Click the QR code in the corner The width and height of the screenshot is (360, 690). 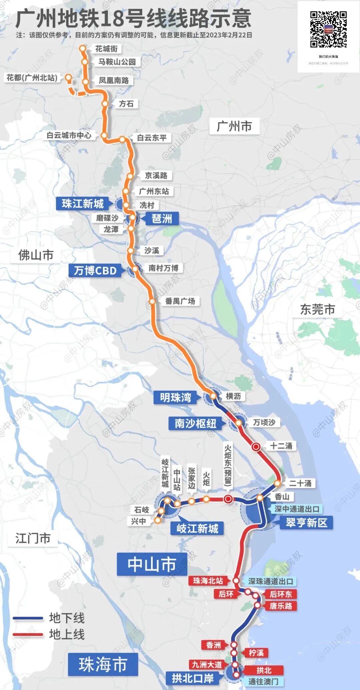(328, 30)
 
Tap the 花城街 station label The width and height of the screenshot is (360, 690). (106, 49)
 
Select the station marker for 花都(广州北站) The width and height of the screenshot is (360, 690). (68, 78)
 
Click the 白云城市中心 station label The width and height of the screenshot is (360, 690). (69, 135)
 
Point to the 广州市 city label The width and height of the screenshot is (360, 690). (234, 127)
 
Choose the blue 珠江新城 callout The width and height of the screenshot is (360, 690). (83, 203)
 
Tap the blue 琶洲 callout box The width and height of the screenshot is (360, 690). (162, 219)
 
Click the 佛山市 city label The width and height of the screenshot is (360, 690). (36, 255)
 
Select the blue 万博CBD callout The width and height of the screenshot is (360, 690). (95, 270)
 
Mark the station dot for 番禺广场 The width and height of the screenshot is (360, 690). (152, 301)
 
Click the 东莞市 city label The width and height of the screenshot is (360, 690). (317, 309)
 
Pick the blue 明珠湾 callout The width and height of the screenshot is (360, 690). (176, 397)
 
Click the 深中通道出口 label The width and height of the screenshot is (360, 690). (297, 509)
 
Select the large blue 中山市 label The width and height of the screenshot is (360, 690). (152, 564)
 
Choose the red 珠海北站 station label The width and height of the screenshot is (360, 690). (208, 581)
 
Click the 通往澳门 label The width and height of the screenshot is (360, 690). (263, 681)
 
